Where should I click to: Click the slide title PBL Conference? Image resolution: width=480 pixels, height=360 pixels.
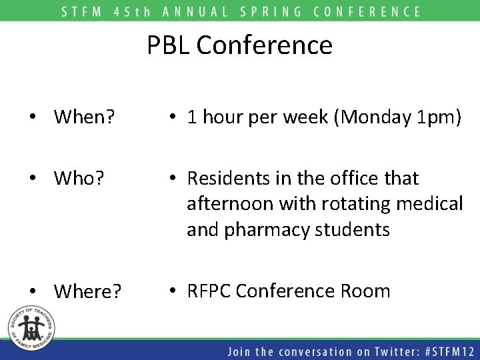[x=239, y=45]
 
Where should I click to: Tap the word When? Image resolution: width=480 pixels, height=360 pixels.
[x=84, y=117]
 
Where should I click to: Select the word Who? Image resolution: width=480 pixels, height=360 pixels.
[x=79, y=179]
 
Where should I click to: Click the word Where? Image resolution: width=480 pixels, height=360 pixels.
[x=87, y=291]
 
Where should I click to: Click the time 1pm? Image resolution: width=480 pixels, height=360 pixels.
[x=435, y=118]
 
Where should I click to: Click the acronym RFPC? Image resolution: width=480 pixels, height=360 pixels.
[x=209, y=291]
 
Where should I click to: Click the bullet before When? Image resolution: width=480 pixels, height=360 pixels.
[x=32, y=118]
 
